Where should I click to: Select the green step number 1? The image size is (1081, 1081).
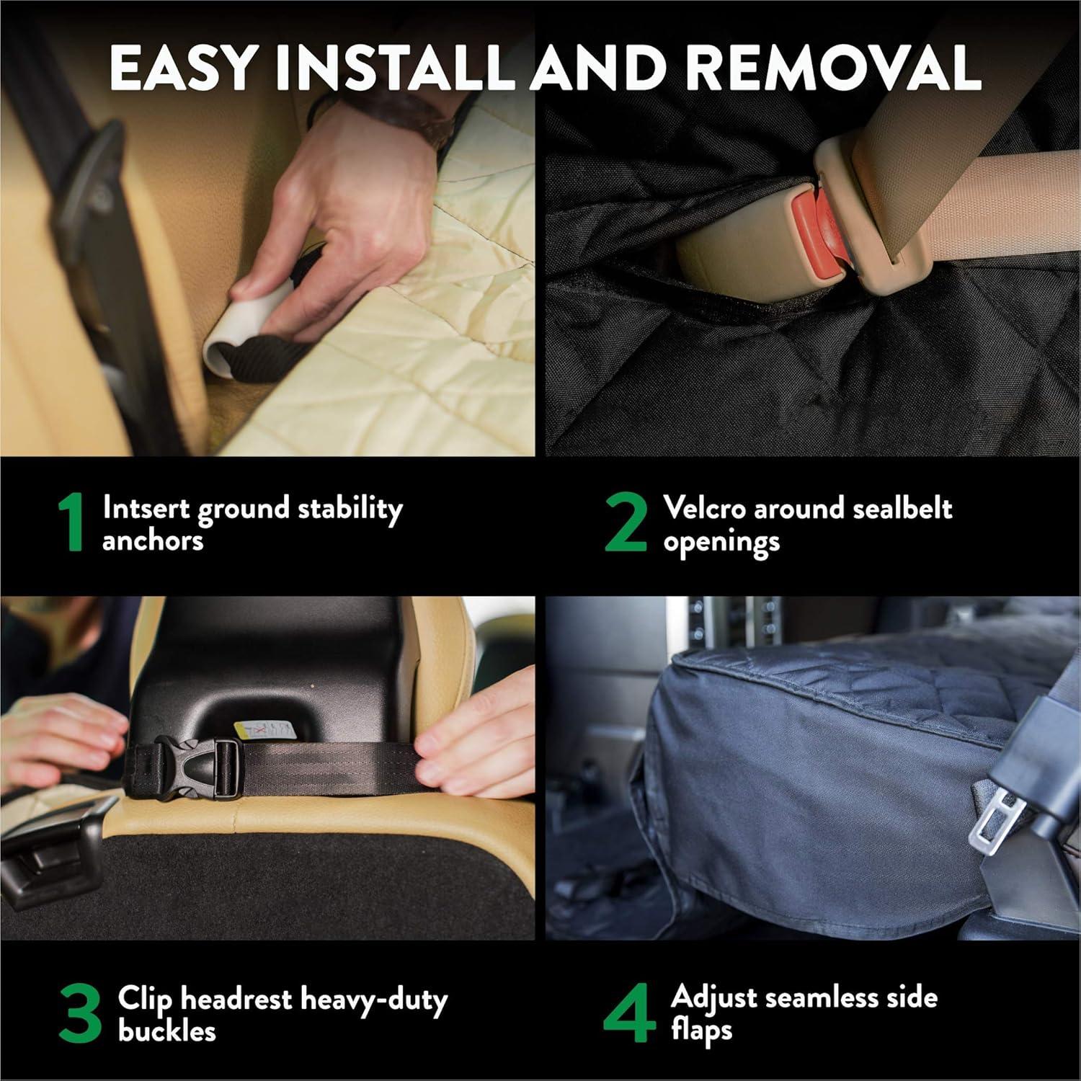click(72, 524)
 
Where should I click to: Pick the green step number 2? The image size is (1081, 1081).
click(626, 524)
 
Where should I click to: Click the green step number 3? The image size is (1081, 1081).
click(80, 1015)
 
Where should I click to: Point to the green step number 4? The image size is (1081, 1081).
click(630, 1015)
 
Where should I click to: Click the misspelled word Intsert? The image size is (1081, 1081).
click(146, 508)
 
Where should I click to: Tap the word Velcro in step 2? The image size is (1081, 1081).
click(704, 508)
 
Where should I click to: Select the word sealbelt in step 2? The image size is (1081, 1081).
click(902, 508)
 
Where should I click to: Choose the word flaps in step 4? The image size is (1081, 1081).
click(701, 1031)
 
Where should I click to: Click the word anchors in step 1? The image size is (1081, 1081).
click(153, 541)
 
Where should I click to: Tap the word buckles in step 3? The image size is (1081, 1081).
click(166, 1031)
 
